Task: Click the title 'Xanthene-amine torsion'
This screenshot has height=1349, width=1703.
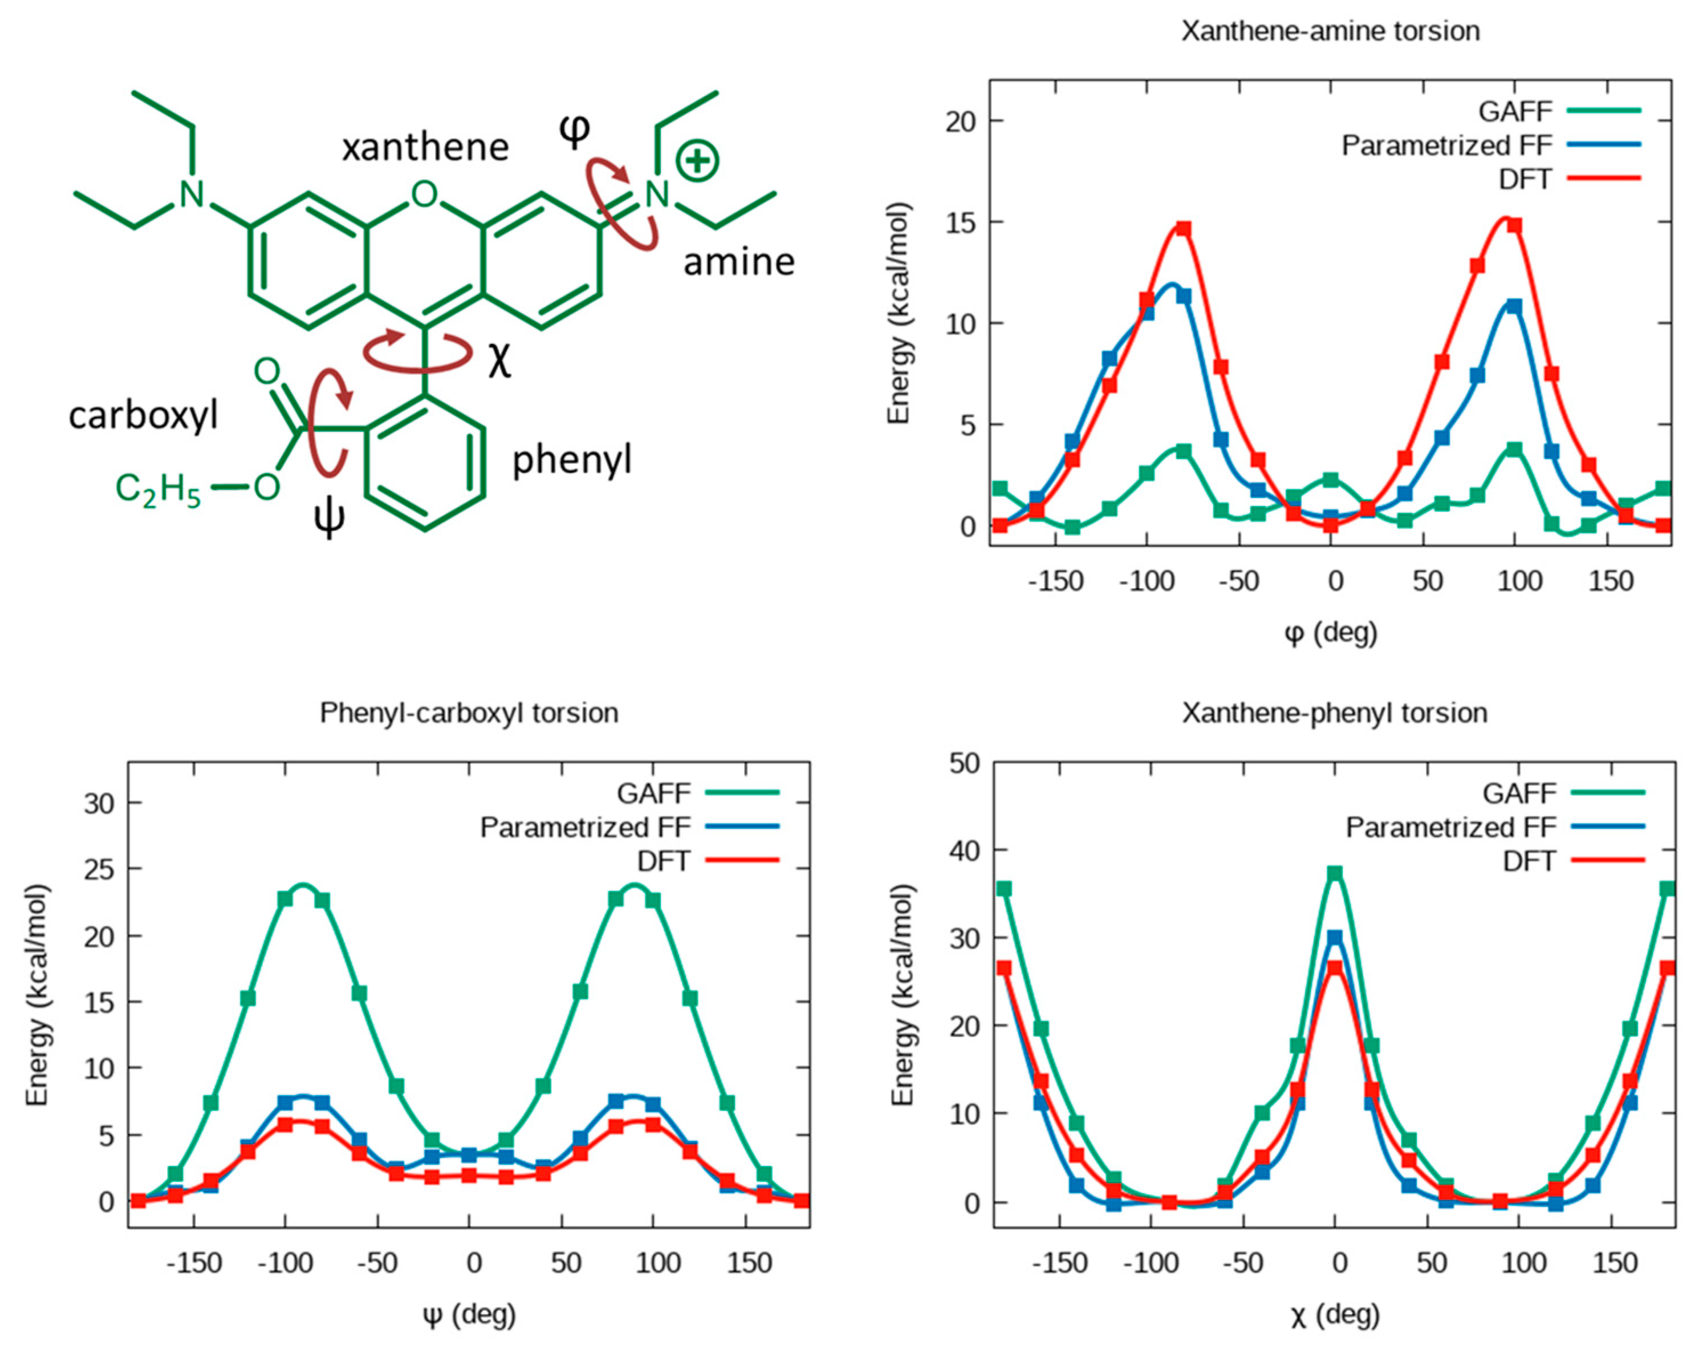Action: pyautogui.click(x=1330, y=31)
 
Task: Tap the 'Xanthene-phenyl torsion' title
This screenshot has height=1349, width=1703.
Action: pyautogui.click(x=1334, y=713)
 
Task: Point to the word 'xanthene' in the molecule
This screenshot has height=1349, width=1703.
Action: pyautogui.click(x=425, y=148)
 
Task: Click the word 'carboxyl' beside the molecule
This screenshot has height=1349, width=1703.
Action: pyautogui.click(x=143, y=415)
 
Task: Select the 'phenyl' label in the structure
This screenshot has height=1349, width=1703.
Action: pyautogui.click(x=572, y=460)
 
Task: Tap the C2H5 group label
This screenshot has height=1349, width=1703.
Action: pyautogui.click(x=157, y=489)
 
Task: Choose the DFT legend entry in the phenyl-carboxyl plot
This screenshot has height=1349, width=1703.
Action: pyautogui.click(x=663, y=861)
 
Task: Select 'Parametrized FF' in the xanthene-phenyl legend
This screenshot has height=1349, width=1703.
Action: pyautogui.click(x=1450, y=827)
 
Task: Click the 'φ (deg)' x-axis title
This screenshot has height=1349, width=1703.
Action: pyautogui.click(x=1330, y=633)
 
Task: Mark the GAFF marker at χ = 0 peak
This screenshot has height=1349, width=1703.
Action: pyautogui.click(x=1334, y=873)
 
